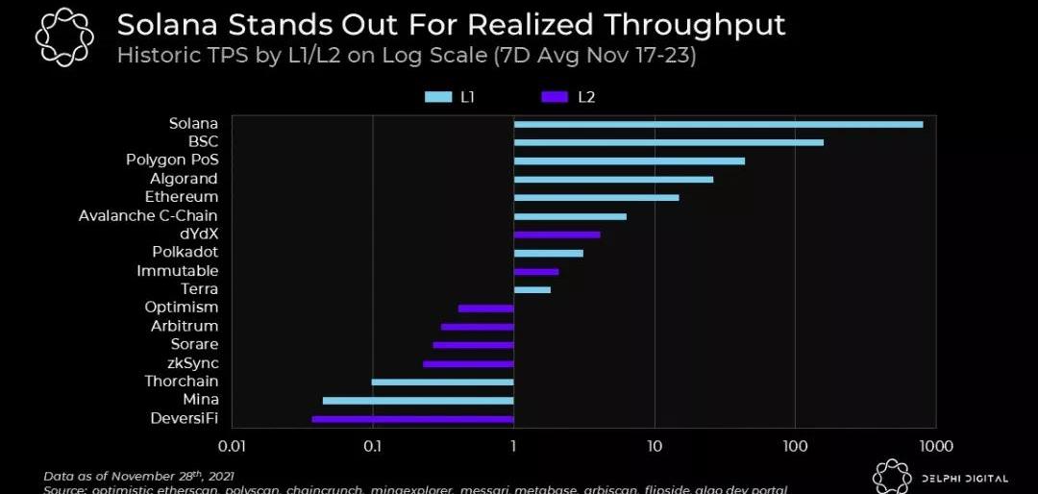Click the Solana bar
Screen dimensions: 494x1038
718,124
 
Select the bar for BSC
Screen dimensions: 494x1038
668,142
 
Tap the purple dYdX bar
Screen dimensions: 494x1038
556,235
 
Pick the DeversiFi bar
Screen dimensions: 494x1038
412,419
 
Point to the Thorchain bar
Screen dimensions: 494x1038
442,382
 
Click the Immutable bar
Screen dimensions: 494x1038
536,272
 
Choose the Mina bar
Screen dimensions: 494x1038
418,400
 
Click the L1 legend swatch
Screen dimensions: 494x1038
438,97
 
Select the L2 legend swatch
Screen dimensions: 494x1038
556,97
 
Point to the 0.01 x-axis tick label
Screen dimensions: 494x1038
232,446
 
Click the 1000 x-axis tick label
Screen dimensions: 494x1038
935,446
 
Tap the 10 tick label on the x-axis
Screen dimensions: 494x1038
655,446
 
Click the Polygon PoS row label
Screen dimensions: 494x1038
172,160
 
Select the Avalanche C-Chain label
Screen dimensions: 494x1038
148,215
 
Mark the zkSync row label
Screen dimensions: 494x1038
193,363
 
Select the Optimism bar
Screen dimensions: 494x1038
485,309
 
